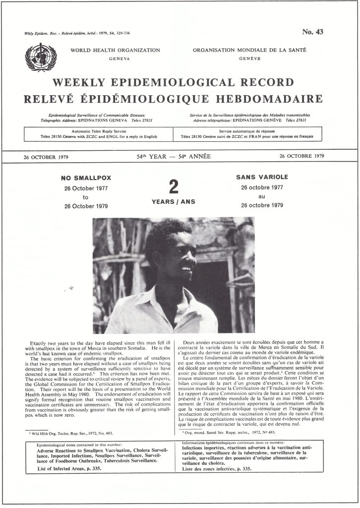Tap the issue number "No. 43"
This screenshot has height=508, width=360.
tap(312, 32)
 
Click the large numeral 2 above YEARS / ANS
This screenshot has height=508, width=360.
tap(173, 187)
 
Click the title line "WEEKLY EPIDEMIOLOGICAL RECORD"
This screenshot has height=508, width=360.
tap(173, 82)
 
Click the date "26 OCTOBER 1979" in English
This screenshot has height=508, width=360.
tap(46, 157)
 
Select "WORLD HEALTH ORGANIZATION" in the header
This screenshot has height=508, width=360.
tap(115, 50)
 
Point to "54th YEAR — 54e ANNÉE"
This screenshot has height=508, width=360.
tap(174, 156)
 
